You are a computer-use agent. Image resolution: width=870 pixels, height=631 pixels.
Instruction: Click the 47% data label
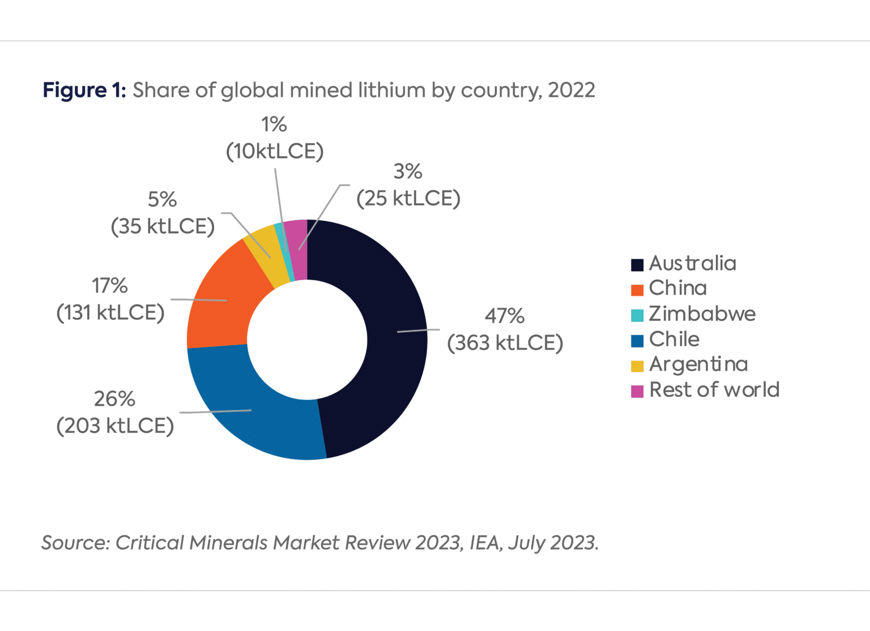504,316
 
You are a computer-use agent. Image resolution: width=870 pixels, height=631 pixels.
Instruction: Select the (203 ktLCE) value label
115,426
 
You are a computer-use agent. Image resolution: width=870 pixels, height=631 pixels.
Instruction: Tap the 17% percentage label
110,286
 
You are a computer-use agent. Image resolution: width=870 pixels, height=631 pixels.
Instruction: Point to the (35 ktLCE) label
163,226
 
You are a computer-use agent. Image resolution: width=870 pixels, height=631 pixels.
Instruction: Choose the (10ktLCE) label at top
275,152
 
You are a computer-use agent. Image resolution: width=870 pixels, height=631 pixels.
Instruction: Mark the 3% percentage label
408,171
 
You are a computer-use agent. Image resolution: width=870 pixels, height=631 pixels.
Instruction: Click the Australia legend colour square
637,265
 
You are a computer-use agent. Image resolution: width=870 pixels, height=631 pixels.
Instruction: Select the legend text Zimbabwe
702,314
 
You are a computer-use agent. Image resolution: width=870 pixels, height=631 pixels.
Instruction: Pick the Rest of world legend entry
714,390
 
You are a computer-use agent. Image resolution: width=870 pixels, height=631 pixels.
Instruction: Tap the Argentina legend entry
698,364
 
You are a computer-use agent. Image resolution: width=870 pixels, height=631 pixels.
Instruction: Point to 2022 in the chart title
572,91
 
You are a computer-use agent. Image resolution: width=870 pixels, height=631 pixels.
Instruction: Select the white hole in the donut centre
307,340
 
